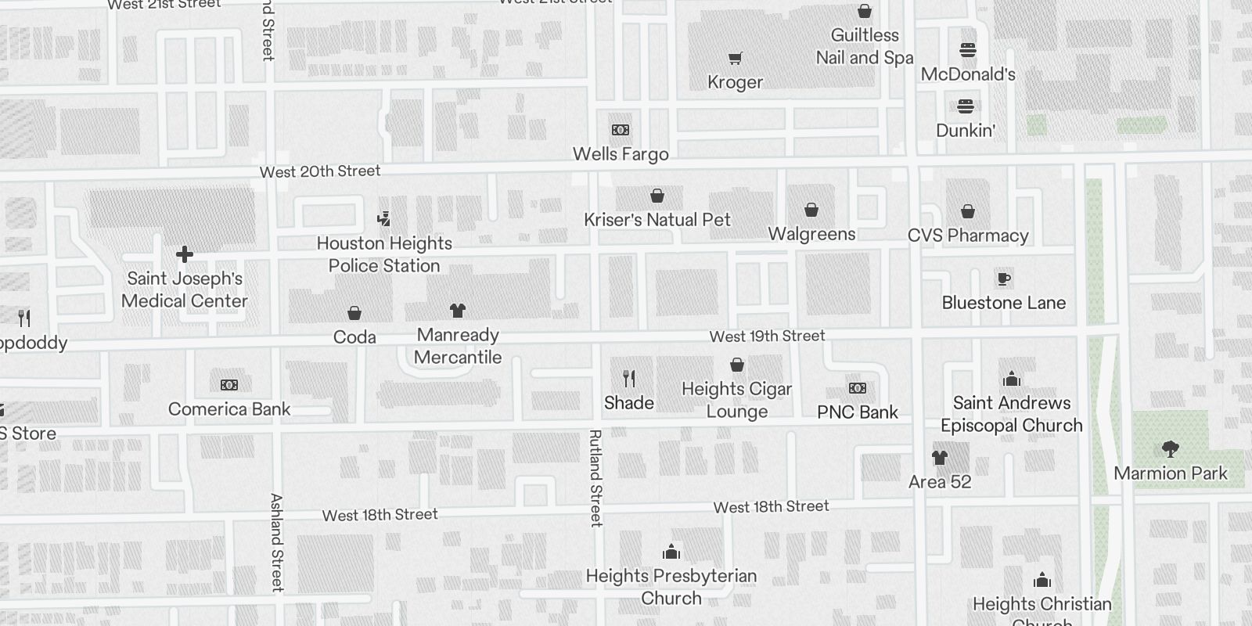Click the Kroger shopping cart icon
point(735,59)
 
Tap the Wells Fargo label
point(621,154)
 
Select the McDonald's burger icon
point(968,51)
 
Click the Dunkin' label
point(966,130)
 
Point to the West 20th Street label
point(320,171)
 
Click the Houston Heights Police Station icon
point(383,219)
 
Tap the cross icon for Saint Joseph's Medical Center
point(185,254)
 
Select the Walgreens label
point(811,234)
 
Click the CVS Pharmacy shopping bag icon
point(968,211)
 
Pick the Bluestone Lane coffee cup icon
point(1004,279)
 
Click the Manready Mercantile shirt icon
point(458,311)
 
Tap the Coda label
point(354,337)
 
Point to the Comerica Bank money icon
point(229,385)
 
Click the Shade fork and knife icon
point(629,379)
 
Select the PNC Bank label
point(858,412)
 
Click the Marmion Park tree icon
point(1171,448)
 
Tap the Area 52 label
point(940,482)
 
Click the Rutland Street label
point(595,477)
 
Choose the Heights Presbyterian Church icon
point(671,552)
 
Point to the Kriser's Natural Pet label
point(657,220)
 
